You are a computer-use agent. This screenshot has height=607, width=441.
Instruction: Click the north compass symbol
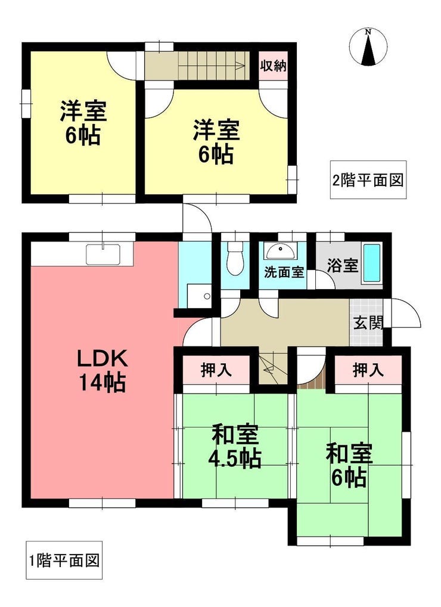[368, 47]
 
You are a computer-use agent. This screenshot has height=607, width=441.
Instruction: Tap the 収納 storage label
[273, 66]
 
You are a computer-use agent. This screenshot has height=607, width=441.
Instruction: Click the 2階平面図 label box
[368, 180]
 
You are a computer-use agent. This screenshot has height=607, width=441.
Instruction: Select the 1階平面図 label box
[64, 560]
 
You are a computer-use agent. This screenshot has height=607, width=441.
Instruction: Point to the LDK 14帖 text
[102, 371]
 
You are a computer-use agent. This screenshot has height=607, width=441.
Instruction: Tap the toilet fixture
[235, 258]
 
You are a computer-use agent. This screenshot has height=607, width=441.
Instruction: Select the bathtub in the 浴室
[372, 263]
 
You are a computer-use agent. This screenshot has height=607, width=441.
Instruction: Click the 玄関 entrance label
[368, 323]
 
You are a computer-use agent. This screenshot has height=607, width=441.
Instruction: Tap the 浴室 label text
[342, 265]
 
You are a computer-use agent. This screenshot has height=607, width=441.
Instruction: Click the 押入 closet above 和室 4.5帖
[216, 370]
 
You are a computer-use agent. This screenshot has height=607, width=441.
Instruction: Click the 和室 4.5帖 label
[234, 447]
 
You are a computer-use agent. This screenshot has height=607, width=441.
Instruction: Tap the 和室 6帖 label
[349, 465]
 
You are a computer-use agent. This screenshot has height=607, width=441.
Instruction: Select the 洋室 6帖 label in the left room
[83, 122]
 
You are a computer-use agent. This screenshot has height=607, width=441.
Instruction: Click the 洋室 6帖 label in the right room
[216, 142]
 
